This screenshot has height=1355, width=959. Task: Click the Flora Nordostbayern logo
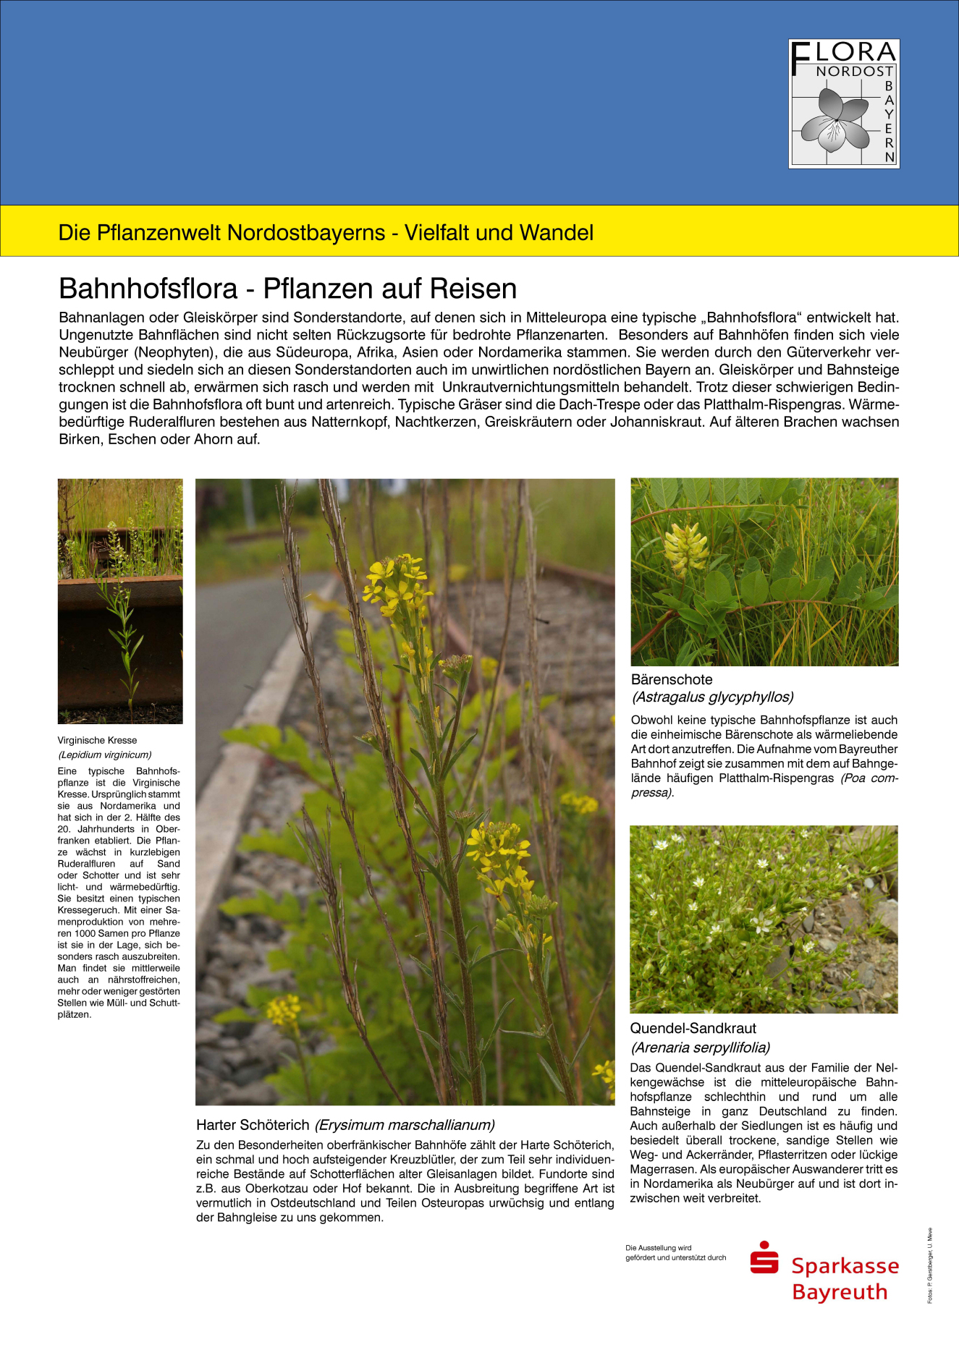[843, 103]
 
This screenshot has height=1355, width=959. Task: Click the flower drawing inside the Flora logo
[834, 119]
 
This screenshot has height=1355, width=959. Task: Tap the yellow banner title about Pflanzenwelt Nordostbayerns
[326, 232]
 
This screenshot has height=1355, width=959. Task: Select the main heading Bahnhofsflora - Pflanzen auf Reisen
[287, 289]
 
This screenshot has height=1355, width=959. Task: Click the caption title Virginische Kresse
[97, 740]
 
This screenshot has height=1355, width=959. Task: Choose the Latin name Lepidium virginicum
[104, 755]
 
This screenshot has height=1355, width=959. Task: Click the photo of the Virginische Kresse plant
[120, 600]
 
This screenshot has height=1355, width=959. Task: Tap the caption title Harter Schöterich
[252, 1125]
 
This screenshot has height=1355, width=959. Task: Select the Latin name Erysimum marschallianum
[405, 1125]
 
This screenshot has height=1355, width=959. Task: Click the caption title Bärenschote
[672, 679]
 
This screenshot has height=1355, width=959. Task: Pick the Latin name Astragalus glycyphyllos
[712, 697]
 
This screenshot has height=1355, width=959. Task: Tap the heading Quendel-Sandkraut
[693, 1028]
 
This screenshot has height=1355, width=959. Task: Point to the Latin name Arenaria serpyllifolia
[700, 1047]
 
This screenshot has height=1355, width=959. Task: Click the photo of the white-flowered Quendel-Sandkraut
[764, 919]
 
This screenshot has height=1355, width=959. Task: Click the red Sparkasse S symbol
[764, 1258]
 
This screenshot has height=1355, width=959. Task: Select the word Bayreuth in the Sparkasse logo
[840, 1292]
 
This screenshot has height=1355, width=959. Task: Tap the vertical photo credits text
[930, 1265]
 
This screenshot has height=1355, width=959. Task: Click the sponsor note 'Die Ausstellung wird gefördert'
[675, 1252]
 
